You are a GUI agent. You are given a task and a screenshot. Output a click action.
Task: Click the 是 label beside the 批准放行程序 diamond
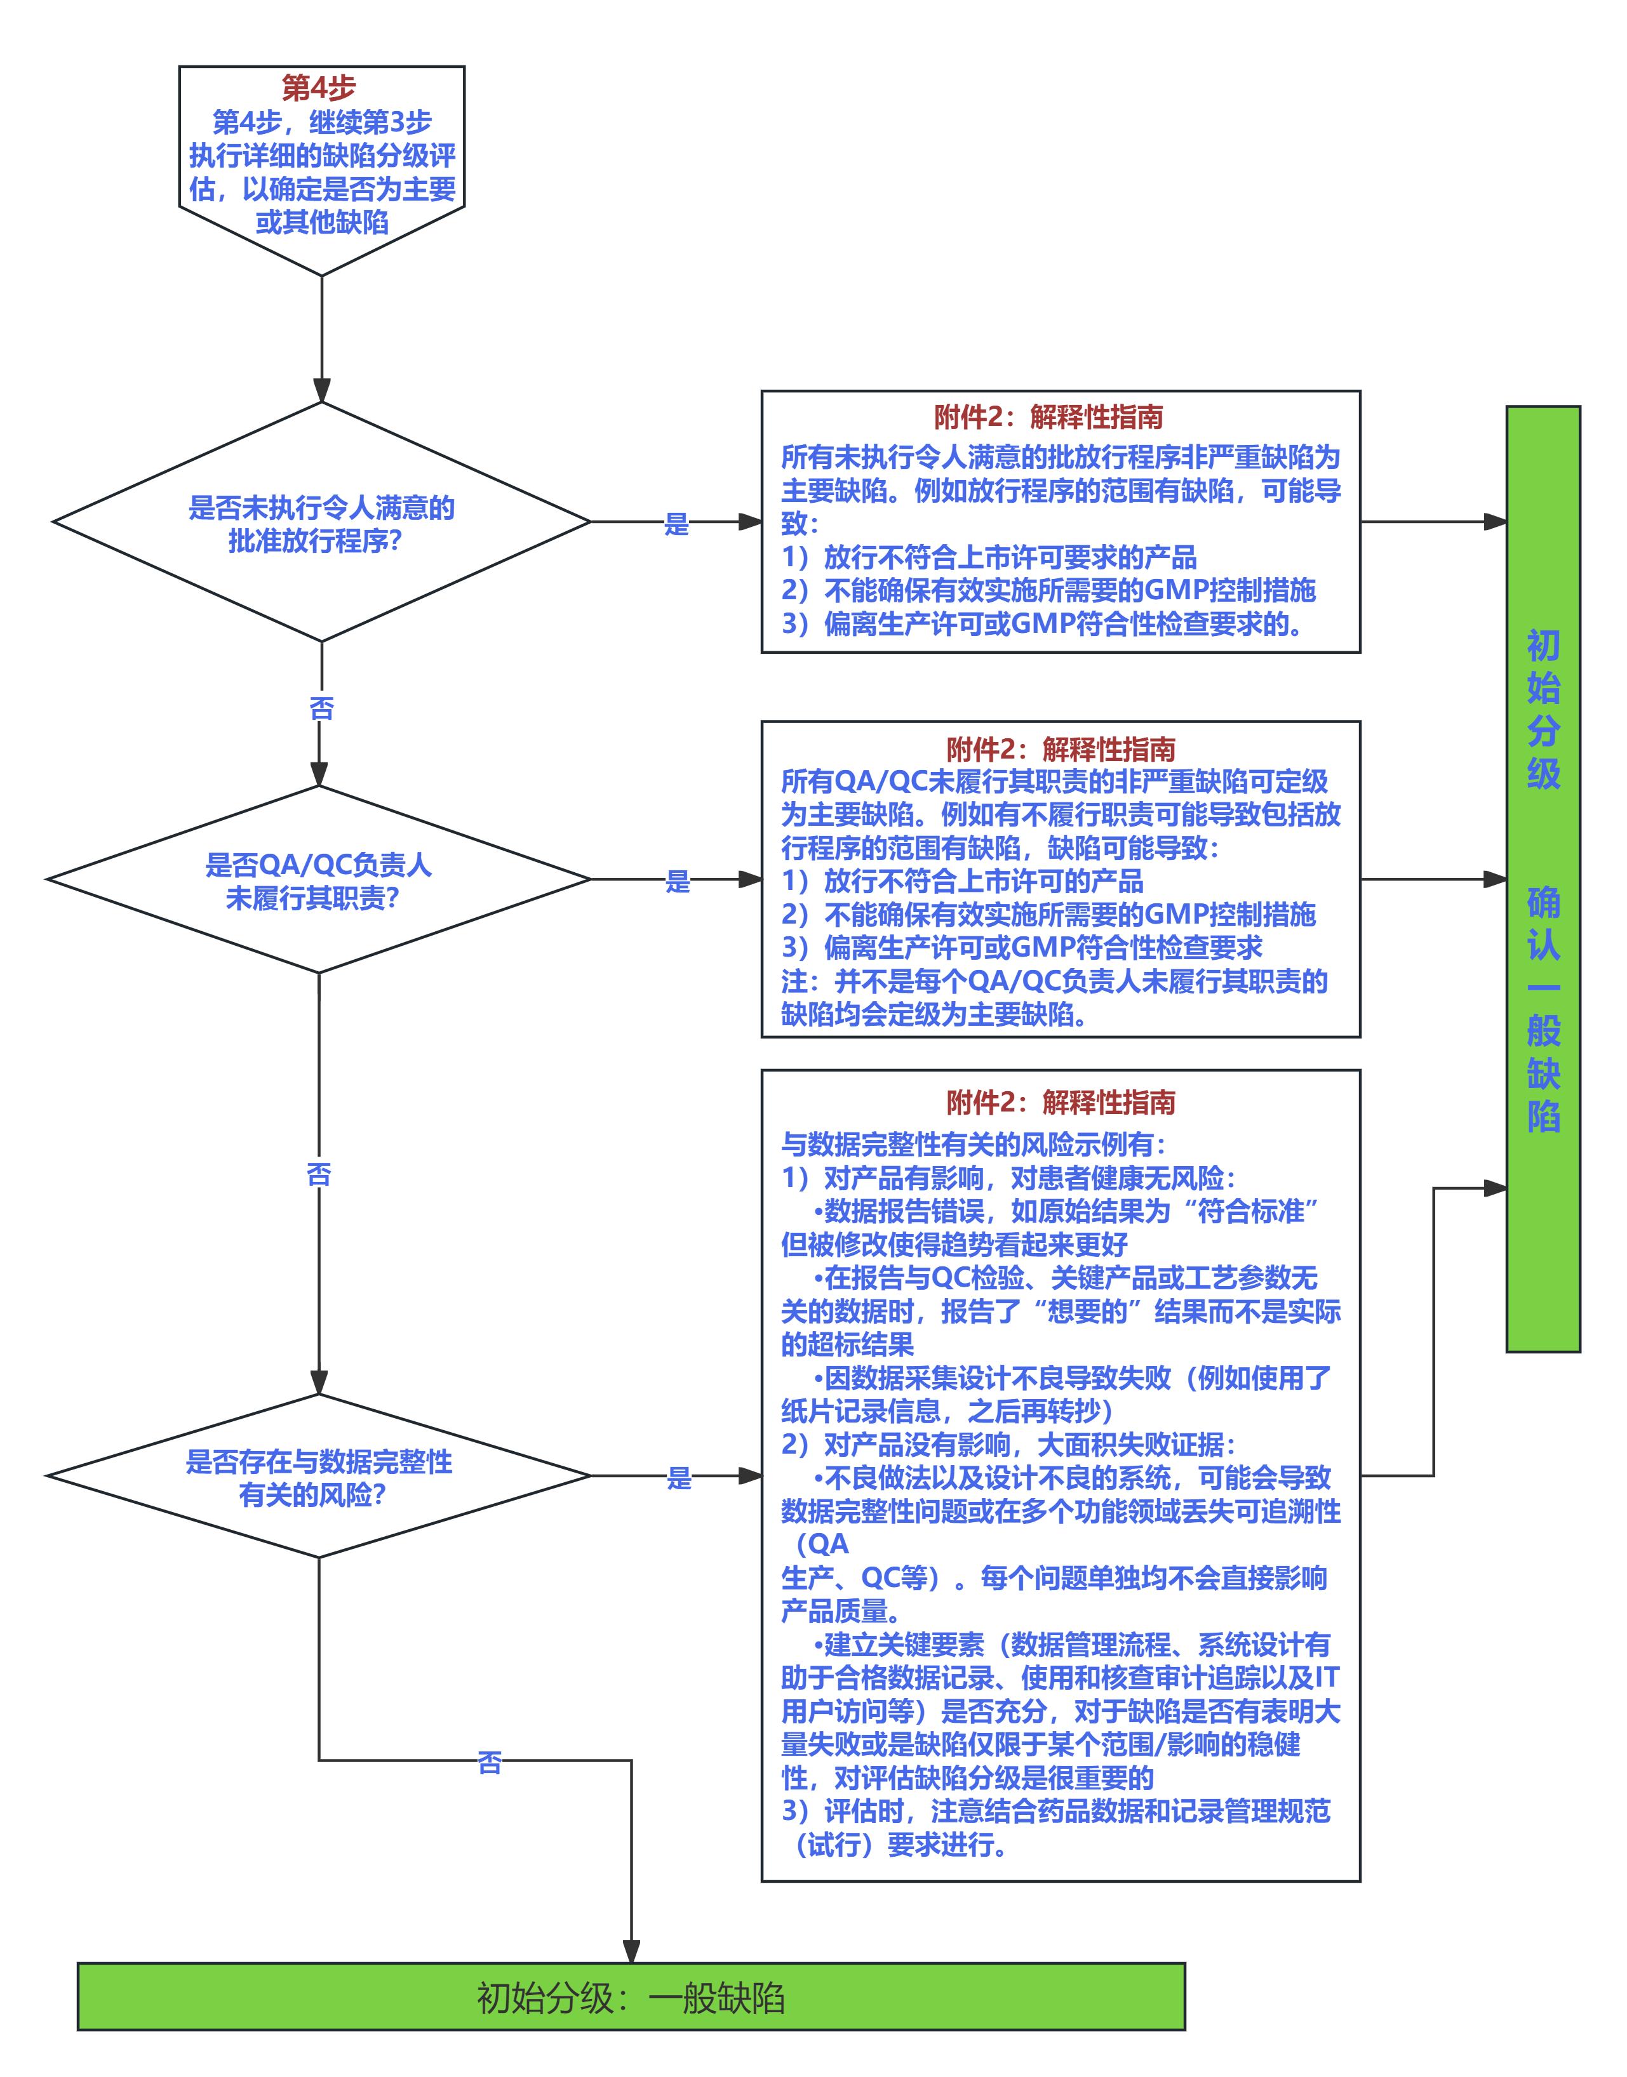[676, 524]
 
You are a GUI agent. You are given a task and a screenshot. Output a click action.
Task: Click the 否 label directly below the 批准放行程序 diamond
[322, 708]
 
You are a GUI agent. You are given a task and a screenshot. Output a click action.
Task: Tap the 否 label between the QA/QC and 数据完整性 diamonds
[319, 1175]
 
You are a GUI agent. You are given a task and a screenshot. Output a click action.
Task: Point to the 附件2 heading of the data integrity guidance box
[1061, 1103]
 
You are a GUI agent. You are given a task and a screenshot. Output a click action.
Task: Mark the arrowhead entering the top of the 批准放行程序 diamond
[322, 390]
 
